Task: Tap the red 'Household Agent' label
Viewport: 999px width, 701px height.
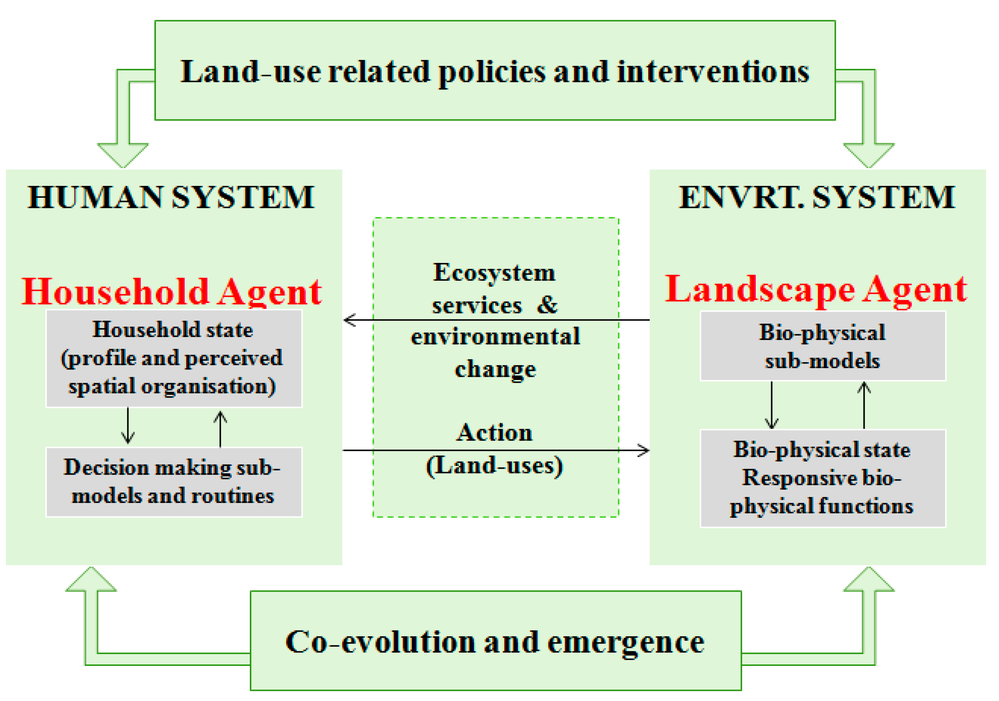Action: [172, 292]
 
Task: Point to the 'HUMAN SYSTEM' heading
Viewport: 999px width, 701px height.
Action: [171, 197]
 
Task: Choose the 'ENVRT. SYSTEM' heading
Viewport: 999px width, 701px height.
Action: [817, 197]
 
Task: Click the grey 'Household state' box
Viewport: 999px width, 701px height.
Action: [174, 358]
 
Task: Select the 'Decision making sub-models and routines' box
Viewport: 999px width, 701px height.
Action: [174, 482]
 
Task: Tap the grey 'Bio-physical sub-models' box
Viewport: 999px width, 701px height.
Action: [822, 346]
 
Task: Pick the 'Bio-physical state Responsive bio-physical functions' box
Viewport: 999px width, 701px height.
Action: [822, 478]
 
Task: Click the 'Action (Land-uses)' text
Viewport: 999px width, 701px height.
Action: [494, 449]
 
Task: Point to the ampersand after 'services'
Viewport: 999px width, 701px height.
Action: [547, 305]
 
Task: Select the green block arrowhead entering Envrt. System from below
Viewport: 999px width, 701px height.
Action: [869, 579]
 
